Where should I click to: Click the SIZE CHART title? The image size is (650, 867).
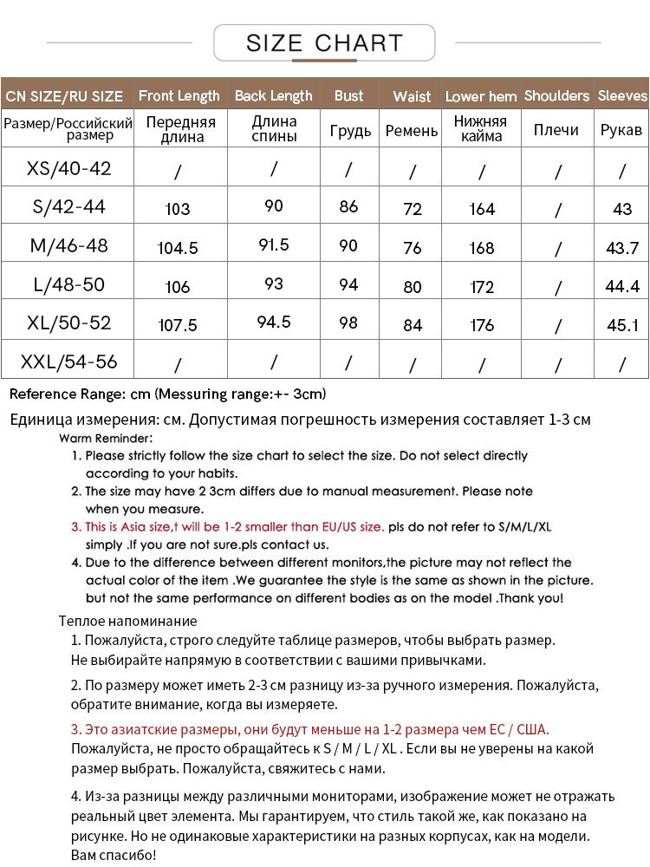pyautogui.click(x=324, y=42)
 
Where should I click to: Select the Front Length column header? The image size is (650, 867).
pyautogui.click(x=179, y=95)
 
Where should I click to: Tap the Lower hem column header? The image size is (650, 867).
pyautogui.click(x=481, y=96)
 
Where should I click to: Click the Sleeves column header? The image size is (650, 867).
pyautogui.click(x=622, y=95)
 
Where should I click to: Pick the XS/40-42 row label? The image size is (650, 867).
pyautogui.click(x=69, y=167)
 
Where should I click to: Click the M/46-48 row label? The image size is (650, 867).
pyautogui.click(x=69, y=245)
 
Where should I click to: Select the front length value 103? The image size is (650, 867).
pyautogui.click(x=177, y=209)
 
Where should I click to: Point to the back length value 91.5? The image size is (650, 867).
pyautogui.click(x=274, y=244)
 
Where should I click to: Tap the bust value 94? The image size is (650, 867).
pyautogui.click(x=348, y=284)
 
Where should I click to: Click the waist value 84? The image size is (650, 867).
pyautogui.click(x=413, y=325)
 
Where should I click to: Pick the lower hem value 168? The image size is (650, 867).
pyautogui.click(x=482, y=248)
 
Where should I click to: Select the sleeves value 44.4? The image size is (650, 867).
pyautogui.click(x=622, y=286)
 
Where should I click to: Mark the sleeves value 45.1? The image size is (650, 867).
pyautogui.click(x=622, y=325)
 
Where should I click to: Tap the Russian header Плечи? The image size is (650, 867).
pyautogui.click(x=556, y=130)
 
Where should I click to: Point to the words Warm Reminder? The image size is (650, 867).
pyautogui.click(x=106, y=438)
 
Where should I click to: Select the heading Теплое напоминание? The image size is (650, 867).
pyautogui.click(x=127, y=621)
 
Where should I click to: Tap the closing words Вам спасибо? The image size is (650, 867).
pyautogui.click(x=113, y=855)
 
